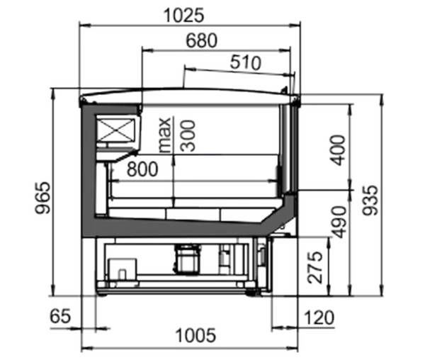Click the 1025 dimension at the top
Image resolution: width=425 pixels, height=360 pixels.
[x=183, y=16]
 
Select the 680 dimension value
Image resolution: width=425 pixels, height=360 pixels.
[x=201, y=40]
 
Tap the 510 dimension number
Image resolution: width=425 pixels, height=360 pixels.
[x=246, y=62]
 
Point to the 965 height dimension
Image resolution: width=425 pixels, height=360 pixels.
[x=43, y=198]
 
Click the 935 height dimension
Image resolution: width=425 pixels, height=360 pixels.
[x=370, y=200]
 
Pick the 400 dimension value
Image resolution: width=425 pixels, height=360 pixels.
[x=339, y=150]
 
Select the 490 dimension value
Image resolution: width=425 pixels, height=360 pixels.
[x=339, y=222]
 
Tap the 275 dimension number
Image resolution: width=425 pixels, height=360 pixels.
[x=315, y=267]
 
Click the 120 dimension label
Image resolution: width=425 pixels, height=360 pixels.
[x=319, y=317]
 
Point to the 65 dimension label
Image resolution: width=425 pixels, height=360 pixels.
[x=60, y=316]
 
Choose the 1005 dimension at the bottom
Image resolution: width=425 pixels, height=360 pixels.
[x=195, y=335]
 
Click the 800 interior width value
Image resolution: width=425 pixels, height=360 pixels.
[x=142, y=169]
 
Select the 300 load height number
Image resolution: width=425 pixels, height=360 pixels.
[x=188, y=135]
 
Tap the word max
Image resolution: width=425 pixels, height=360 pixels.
[x=165, y=135]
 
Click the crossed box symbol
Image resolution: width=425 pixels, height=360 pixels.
[x=116, y=130]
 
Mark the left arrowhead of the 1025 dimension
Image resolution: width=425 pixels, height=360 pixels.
[x=84, y=26]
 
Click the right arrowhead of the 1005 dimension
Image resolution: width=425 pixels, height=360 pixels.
[x=293, y=348]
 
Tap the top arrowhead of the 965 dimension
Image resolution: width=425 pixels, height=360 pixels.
[x=53, y=94]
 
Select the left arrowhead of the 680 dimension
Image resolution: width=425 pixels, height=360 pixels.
[x=147, y=50]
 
